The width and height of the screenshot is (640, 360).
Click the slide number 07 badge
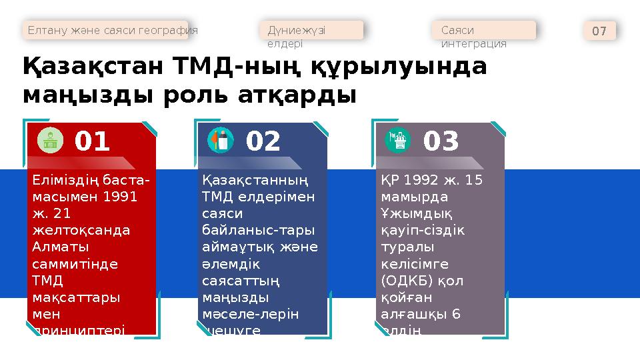pos(599,31)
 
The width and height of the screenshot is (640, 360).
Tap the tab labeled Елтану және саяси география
pos(111,30)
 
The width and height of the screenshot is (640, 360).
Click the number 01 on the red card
pos(93,141)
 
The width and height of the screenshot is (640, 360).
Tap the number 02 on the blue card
pos(263,141)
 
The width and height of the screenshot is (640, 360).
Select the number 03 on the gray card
pos(441,141)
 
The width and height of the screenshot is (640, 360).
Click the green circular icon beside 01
pos(51,140)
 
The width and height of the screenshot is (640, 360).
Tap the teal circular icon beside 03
pos(399,140)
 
